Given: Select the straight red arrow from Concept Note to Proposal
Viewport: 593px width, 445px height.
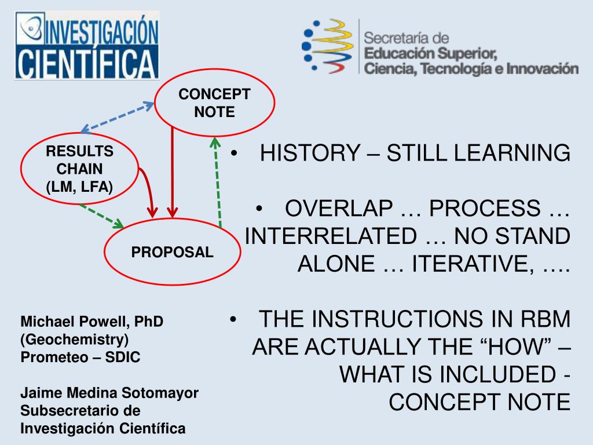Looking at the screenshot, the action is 173,173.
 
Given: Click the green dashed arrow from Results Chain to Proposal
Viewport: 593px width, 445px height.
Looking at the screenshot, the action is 101,216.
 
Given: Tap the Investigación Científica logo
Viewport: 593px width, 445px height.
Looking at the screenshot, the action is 87,45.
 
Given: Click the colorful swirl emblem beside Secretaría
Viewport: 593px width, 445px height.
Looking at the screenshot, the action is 328,46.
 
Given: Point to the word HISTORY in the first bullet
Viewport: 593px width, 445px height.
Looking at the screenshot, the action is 310,153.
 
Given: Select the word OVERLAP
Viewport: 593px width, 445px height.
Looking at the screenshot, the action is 339,208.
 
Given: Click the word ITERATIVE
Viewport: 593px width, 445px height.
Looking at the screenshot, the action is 473,264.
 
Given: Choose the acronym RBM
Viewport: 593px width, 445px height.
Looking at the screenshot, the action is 546,319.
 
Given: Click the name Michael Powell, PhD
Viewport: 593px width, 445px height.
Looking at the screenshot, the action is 92,321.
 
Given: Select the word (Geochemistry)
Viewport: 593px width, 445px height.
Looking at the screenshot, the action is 75,340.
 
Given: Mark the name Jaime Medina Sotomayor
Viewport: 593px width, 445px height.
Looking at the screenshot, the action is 109,393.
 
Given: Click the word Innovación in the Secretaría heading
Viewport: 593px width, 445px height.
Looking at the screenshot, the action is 542,69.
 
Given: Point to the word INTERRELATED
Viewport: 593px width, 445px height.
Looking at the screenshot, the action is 331,236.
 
